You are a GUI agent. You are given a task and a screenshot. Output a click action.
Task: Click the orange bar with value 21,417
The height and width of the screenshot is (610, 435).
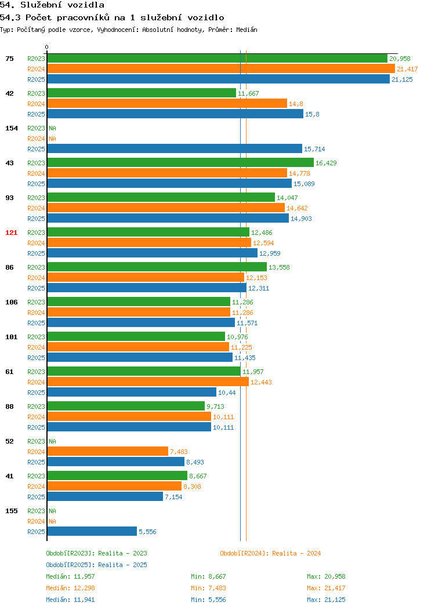coord(221,69)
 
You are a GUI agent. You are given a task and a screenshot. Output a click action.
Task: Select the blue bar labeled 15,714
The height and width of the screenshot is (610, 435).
coord(175,148)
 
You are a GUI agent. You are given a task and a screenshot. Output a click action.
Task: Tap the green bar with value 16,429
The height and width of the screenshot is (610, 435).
coord(180,162)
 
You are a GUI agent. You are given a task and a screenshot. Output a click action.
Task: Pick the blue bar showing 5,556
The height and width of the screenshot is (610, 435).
coord(92,531)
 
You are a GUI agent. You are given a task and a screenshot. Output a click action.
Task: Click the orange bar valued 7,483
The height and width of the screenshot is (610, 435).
coord(108,451)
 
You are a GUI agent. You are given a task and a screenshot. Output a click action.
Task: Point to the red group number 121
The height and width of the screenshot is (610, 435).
coord(11,233)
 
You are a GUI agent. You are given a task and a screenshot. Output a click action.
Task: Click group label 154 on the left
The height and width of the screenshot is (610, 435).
coord(11,128)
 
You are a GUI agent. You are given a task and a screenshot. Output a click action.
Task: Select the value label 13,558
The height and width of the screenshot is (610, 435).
coord(279,267)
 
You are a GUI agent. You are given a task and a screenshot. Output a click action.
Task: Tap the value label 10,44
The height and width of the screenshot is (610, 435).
coord(227,393)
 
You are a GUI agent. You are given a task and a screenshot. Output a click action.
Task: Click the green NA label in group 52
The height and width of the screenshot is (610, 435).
coord(53,441)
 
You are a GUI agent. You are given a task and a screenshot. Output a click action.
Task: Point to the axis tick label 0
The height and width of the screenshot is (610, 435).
coord(47,47)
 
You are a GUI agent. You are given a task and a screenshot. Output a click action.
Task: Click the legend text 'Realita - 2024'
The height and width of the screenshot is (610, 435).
coord(296,553)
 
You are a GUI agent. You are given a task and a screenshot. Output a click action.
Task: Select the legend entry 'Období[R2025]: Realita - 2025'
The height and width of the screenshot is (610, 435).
coord(96,565)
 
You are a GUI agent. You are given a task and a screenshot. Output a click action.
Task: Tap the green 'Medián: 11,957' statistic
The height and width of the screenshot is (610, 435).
coord(70,576)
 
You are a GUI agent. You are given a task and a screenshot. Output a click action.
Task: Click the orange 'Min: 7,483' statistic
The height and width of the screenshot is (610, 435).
coord(208,588)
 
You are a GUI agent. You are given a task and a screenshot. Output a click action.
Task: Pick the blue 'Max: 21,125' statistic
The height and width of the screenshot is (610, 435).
coord(326,600)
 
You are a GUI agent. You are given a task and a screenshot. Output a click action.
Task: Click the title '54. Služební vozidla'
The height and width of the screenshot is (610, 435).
coord(52,5)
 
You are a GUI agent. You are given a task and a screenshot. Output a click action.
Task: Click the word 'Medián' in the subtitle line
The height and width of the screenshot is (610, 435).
coord(246,30)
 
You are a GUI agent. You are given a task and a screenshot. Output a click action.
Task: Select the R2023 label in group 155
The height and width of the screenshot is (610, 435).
coord(36,511)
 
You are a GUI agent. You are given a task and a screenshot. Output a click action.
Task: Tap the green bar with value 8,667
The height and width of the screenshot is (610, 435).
coord(117,475)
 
